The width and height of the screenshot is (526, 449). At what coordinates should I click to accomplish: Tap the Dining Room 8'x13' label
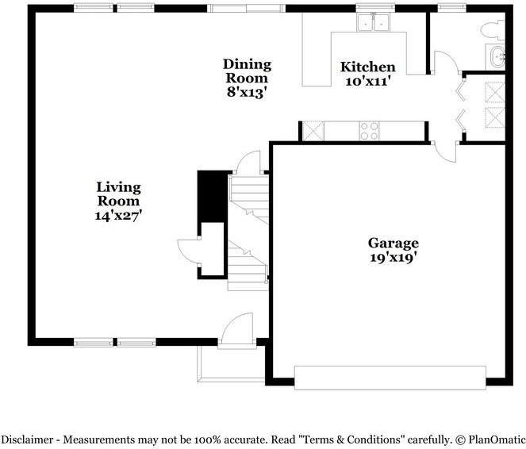point(248,78)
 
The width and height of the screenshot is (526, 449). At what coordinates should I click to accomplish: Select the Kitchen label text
point(367,67)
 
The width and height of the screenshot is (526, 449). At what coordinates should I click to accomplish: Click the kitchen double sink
point(373,23)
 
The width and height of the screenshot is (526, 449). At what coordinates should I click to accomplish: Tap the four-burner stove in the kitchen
point(369,131)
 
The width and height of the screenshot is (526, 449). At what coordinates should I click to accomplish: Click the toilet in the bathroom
point(493,30)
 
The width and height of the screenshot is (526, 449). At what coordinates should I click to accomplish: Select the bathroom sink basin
point(497,57)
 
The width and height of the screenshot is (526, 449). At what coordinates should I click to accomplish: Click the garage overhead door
point(390,378)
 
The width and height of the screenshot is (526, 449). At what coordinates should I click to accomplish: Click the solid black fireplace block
point(212,197)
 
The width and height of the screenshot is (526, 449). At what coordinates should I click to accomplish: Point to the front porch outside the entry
point(231,364)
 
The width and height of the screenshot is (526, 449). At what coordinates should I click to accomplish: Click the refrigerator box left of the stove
point(313,130)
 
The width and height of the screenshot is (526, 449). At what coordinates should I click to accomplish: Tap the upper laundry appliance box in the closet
point(495,92)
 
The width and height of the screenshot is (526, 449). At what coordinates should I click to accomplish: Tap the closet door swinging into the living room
point(189,252)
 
